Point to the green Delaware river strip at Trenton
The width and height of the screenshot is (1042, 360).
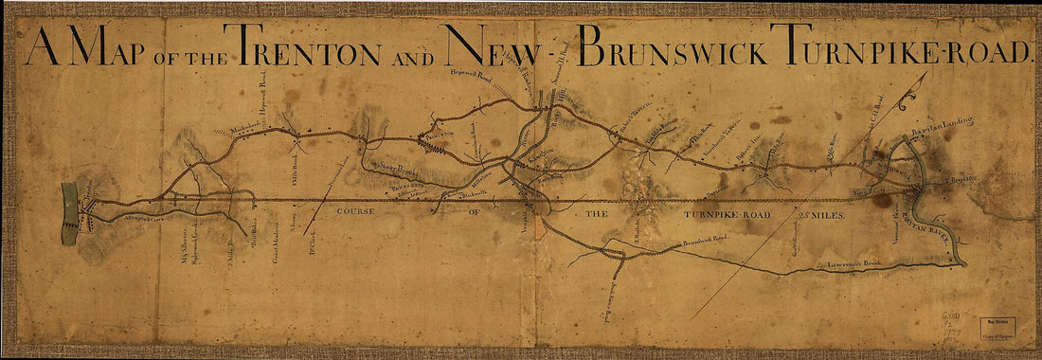pyautogui.click(x=69, y=214)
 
